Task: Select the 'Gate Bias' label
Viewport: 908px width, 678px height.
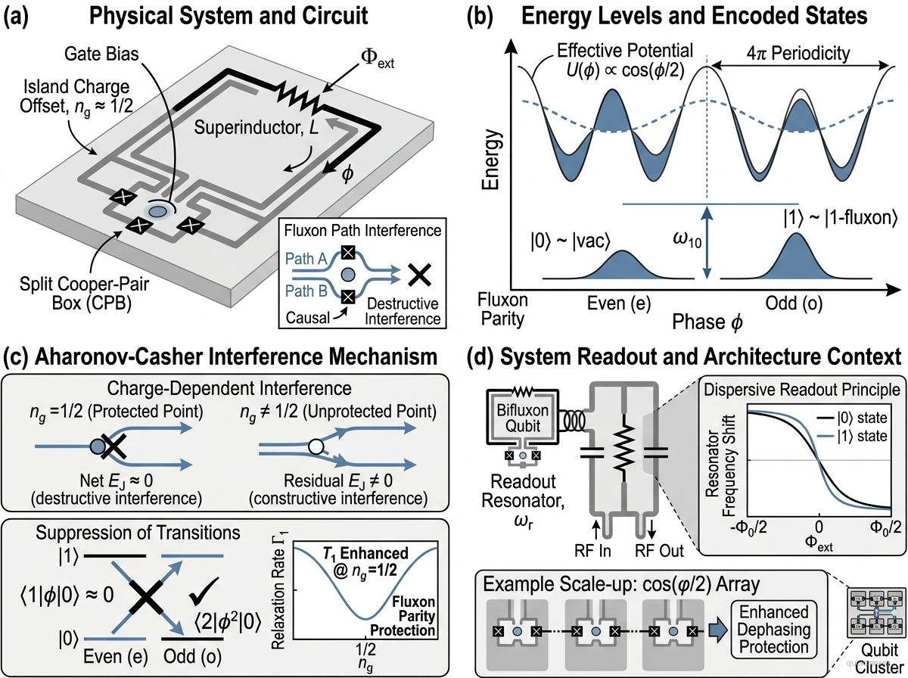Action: [x=101, y=54]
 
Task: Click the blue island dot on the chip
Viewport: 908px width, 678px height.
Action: [x=157, y=211]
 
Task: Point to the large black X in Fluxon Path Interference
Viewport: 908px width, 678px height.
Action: [x=419, y=275]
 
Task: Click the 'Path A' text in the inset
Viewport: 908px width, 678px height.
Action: [x=306, y=259]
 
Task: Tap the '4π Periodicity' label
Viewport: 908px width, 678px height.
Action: [x=798, y=54]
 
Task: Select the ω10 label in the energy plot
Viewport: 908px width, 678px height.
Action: [x=687, y=240]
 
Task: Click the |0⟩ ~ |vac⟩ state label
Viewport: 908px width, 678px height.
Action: [x=571, y=241]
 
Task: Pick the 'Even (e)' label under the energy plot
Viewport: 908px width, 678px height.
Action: [x=619, y=303]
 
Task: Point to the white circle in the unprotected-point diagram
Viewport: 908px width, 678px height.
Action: [x=316, y=446]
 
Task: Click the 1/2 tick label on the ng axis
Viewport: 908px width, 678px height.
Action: [x=365, y=649]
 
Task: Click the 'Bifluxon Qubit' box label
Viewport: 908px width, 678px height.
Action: [x=522, y=418]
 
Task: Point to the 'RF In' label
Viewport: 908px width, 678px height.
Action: [x=592, y=551]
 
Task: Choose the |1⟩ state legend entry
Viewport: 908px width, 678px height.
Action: [x=852, y=436]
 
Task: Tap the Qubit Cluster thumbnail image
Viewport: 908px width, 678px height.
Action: [x=876, y=613]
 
